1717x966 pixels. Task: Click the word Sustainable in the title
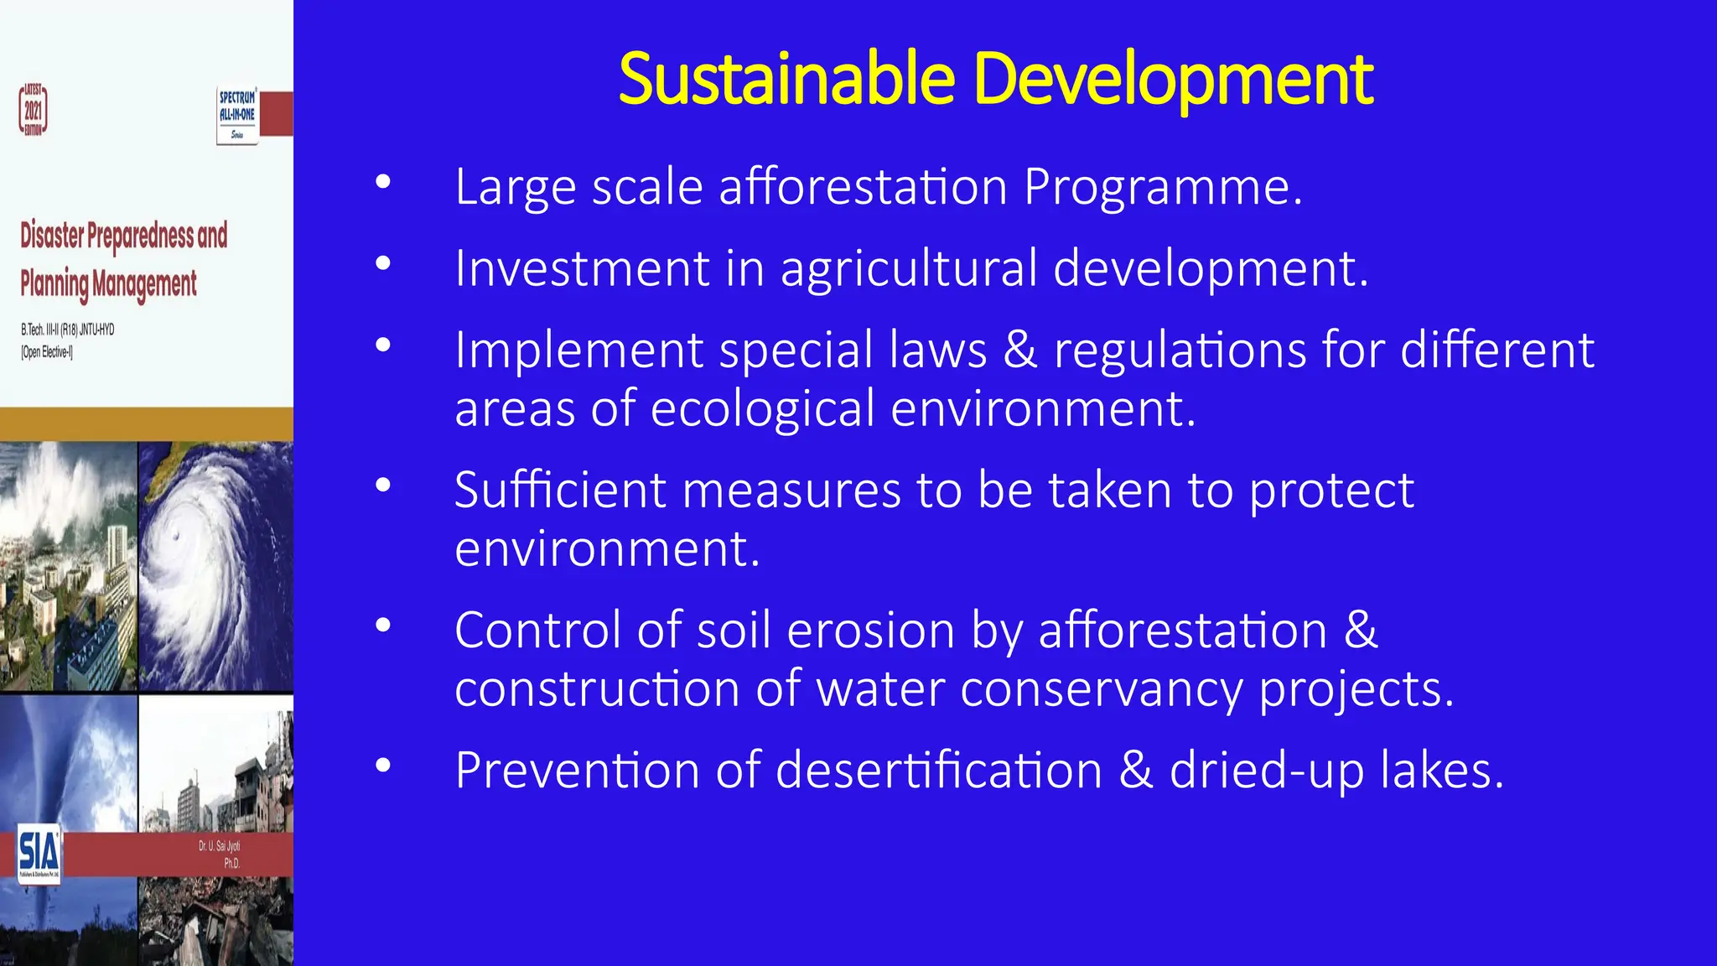pos(786,79)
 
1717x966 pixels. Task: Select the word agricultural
pos(909,270)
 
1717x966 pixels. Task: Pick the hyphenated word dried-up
pos(1267,770)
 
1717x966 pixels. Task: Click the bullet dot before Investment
pos(383,263)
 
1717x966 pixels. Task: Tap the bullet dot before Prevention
pos(383,765)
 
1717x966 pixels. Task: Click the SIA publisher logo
pos(39,853)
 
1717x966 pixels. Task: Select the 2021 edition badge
pos(34,110)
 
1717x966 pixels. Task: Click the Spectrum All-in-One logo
pos(237,115)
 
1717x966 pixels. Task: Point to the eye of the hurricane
pos(175,536)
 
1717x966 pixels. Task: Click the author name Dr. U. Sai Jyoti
pos(220,846)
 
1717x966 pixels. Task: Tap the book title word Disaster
pos(52,236)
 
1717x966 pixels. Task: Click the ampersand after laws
pos(1019,351)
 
